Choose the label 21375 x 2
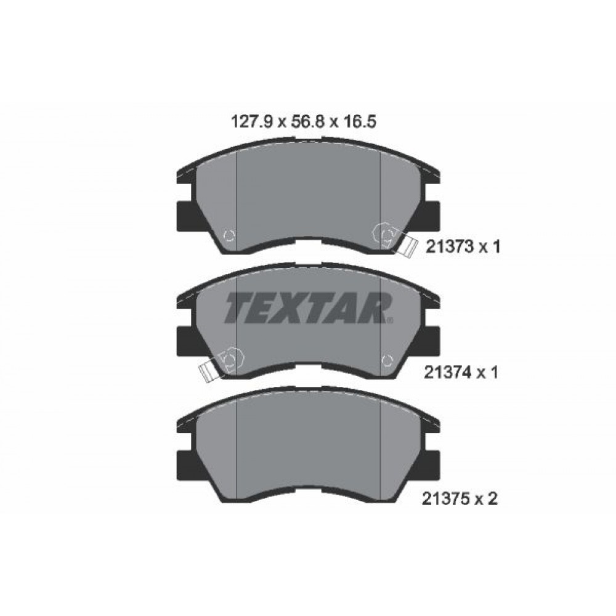coord(461,498)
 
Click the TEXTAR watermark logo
coord(308,308)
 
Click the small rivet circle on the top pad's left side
coord(228,235)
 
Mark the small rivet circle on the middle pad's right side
coord(387,360)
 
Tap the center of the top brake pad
coord(308,197)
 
